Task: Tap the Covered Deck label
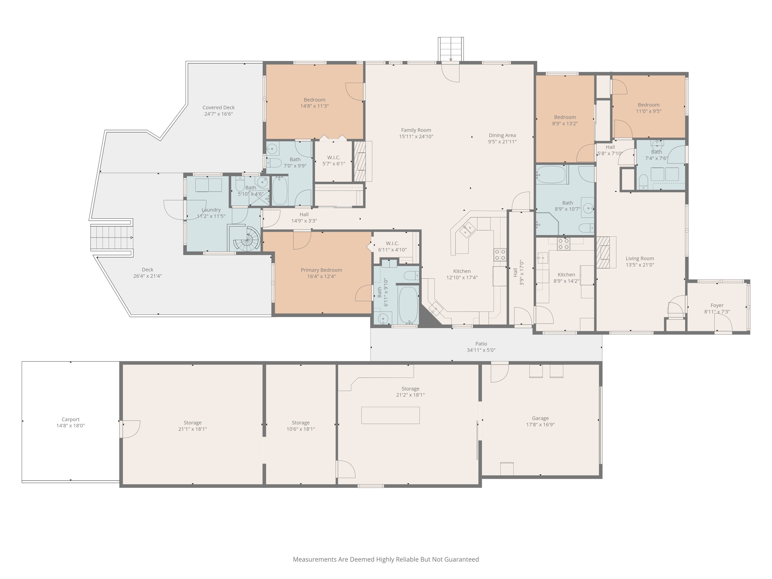coord(219,107)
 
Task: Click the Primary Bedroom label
coord(321,270)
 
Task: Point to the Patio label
coord(481,344)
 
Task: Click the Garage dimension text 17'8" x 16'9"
coord(540,425)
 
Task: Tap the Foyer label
coord(717,305)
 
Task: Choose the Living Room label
coord(640,259)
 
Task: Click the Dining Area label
coord(502,136)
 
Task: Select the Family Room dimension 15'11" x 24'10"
coord(416,136)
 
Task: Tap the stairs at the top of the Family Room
coord(451,49)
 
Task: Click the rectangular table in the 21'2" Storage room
coord(390,415)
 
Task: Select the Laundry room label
coord(211,210)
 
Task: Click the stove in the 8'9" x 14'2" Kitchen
coord(563,244)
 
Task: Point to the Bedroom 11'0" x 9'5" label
coord(649,105)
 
